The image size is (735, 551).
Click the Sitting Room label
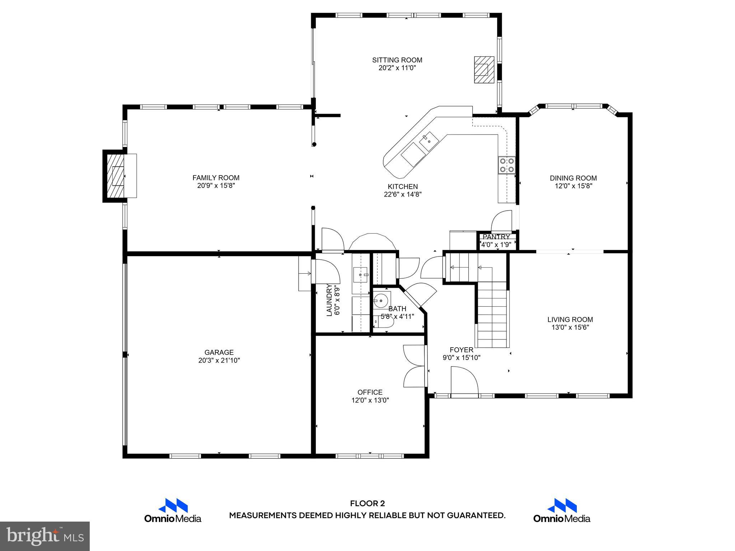[397, 60]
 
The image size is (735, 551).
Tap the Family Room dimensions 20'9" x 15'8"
[216, 186]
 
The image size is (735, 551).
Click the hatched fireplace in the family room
[116, 176]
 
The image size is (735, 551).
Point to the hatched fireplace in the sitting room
[484, 70]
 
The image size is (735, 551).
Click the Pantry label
[496, 237]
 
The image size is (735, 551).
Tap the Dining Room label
[573, 178]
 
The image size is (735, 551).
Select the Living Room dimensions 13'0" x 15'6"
[570, 327]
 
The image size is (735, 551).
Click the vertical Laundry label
[329, 300]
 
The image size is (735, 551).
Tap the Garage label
[219, 352]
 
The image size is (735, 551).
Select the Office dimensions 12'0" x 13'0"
[370, 400]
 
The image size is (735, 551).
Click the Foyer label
[462, 350]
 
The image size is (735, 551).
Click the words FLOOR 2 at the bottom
[367, 504]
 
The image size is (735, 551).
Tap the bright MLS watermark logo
[45, 536]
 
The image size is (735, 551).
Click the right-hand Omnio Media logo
[562, 510]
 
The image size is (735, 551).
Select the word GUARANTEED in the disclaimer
[476, 515]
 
